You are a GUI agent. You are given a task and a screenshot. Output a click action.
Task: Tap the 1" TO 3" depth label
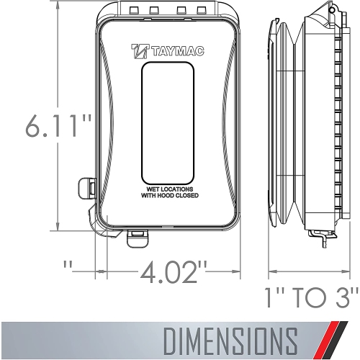(310, 294)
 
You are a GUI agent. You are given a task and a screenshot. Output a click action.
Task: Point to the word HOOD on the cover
(164, 196)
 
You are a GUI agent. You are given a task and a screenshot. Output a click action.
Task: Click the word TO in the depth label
(311, 294)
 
